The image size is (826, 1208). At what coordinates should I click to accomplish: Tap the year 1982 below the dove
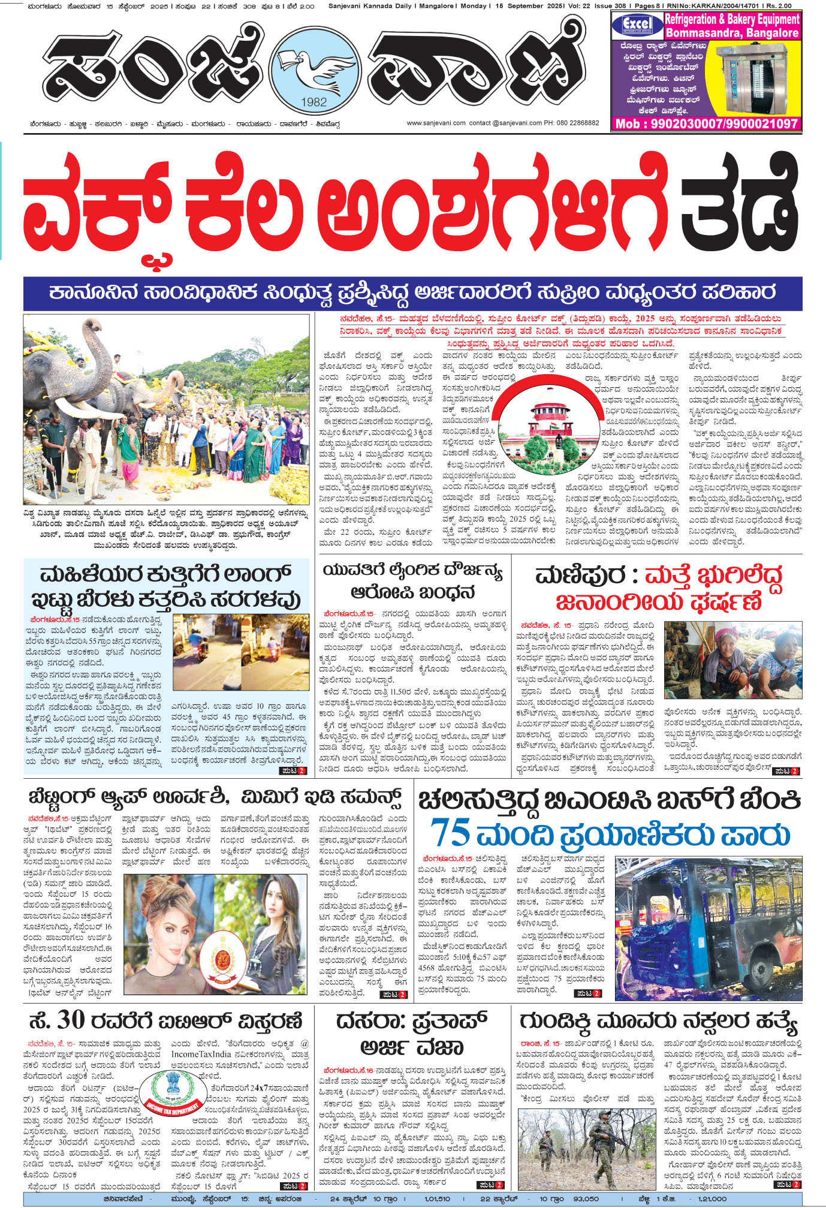313,102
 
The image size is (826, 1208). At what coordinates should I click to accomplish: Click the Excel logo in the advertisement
637,25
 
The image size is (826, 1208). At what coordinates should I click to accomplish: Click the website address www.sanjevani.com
436,123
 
